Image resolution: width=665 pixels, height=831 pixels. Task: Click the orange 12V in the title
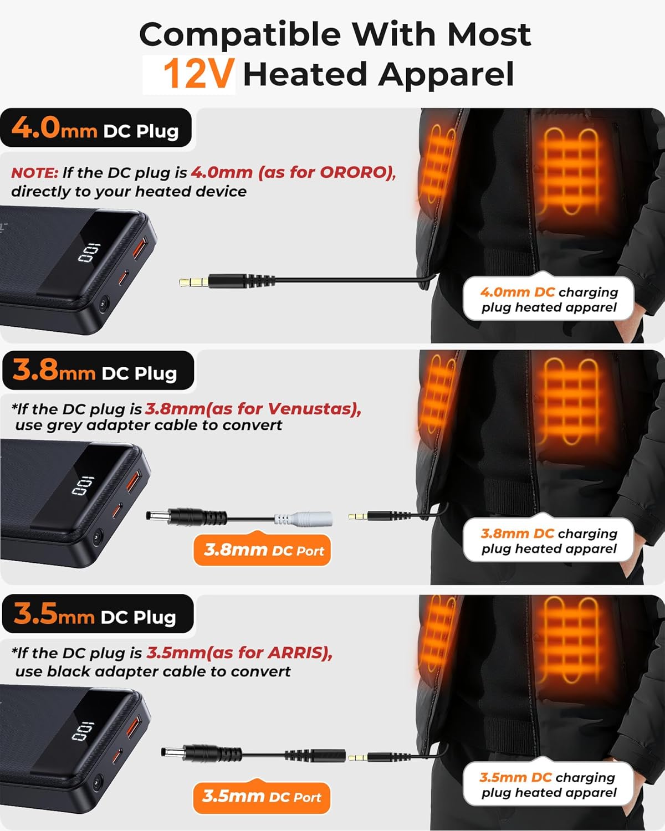[198, 74]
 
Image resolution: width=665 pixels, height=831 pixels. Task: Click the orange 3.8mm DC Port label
[263, 550]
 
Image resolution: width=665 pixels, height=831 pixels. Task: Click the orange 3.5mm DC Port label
[261, 797]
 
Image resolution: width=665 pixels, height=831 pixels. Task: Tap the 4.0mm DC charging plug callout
[549, 299]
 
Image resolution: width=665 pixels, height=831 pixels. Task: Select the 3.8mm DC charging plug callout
[549, 541]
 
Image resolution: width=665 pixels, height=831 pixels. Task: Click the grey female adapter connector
[310, 519]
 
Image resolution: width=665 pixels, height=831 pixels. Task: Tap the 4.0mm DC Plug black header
[95, 130]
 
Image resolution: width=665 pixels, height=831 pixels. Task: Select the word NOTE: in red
[34, 173]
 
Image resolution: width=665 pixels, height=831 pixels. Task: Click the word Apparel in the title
[446, 74]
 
